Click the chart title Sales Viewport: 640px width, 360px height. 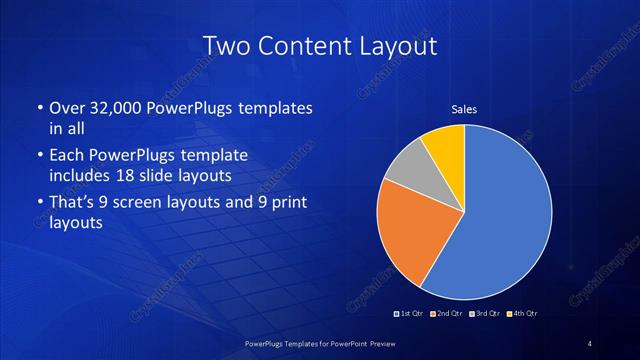pyautogui.click(x=464, y=108)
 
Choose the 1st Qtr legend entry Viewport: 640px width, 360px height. pyautogui.click(x=410, y=314)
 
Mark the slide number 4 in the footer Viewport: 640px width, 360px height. pyautogui.click(x=590, y=344)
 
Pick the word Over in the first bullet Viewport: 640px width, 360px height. pyautogui.click(x=67, y=107)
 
